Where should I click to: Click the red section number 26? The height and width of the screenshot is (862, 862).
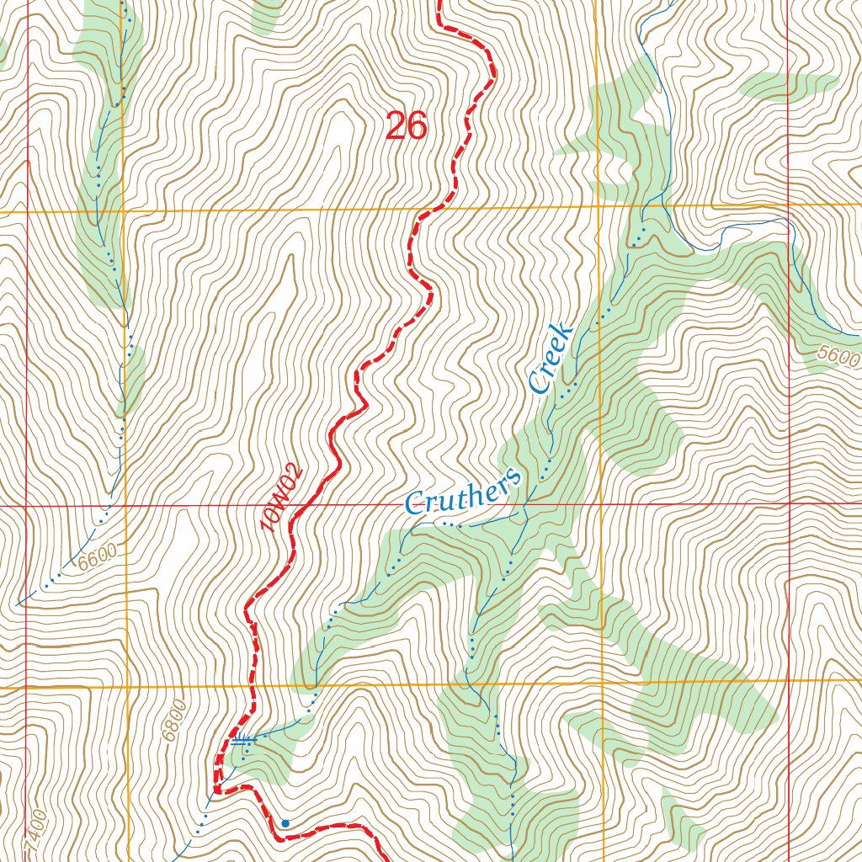click(x=407, y=126)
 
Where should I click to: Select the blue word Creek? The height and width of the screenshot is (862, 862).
click(x=551, y=358)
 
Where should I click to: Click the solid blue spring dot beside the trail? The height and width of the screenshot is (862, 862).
click(x=285, y=822)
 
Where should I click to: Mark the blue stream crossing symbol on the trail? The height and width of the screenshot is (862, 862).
click(x=242, y=740)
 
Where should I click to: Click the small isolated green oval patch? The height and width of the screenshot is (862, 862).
click(x=790, y=85)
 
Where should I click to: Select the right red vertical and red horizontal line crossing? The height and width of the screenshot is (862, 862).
click(x=790, y=503)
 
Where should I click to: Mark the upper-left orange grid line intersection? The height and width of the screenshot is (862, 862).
click(x=125, y=210)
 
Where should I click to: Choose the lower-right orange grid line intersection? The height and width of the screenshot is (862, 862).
click(x=603, y=682)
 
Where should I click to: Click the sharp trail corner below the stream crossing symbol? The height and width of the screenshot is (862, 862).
click(x=216, y=790)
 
